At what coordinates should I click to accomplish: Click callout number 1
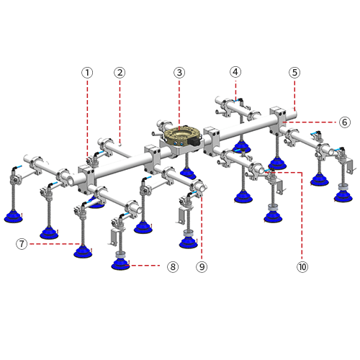coord(87,73)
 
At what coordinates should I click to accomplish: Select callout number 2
coord(120,73)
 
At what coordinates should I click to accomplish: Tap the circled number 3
coord(179,73)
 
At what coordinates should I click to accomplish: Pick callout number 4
coord(235,72)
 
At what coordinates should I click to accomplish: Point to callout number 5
coord(294,73)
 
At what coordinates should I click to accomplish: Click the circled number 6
coord(345,122)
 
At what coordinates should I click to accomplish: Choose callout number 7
coord(22,244)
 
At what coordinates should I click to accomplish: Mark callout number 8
coord(173,266)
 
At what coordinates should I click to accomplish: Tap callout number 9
coord(202,266)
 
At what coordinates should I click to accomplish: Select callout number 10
coord(302,266)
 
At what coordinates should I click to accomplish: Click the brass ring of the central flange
coord(181,132)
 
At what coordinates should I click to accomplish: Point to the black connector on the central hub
coord(194,142)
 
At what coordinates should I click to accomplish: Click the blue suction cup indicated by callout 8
coord(120,264)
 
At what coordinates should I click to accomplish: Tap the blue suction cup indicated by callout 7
coord(83,252)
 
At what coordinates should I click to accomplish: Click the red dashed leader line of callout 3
coord(179,104)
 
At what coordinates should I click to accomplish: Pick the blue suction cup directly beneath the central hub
coord(188,174)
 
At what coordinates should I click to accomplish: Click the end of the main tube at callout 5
coord(294,113)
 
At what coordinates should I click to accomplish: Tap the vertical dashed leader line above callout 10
coord(302,215)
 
